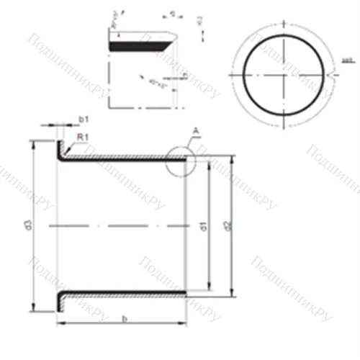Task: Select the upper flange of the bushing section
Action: pos(60,150)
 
